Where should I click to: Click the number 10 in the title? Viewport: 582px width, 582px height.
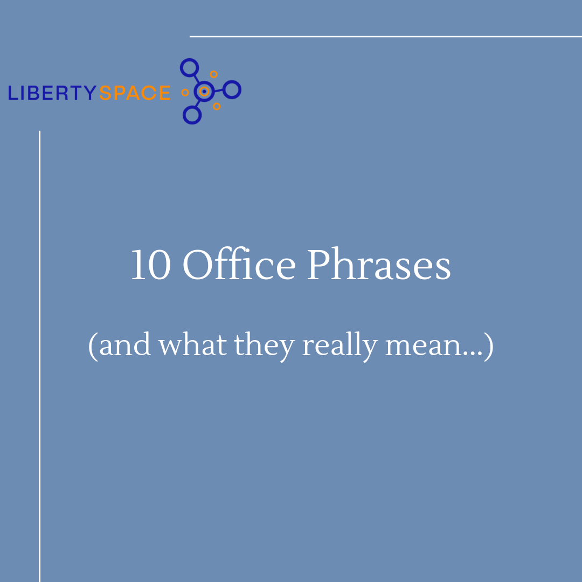pyautogui.click(x=151, y=265)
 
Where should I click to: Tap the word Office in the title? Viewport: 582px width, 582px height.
pyautogui.click(x=239, y=263)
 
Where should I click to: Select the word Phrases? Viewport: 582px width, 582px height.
pyautogui.click(x=379, y=264)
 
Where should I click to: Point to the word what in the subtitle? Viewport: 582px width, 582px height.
pyautogui.click(x=192, y=344)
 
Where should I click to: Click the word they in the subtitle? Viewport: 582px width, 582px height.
pyautogui.click(x=264, y=347)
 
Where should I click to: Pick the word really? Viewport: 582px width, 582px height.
pyautogui.click(x=340, y=347)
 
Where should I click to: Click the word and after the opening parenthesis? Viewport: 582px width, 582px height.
pyautogui.click(x=125, y=344)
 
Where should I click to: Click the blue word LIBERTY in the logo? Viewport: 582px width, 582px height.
pyautogui.click(x=52, y=93)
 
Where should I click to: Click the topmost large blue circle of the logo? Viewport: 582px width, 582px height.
pyautogui.click(x=189, y=67)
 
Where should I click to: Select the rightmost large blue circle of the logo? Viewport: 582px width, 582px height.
pyautogui.click(x=232, y=89)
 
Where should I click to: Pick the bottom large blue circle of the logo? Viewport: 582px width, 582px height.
pyautogui.click(x=192, y=115)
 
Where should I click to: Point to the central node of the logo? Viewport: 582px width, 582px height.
pyautogui.click(x=204, y=91)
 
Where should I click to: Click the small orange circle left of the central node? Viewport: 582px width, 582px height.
pyautogui.click(x=185, y=93)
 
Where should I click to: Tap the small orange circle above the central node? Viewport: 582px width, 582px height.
pyautogui.click(x=214, y=74)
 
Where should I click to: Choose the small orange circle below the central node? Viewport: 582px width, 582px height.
pyautogui.click(x=217, y=107)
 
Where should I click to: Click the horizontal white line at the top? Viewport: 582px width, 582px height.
pyautogui.click(x=386, y=37)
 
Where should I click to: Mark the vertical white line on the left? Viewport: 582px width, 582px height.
pyautogui.click(x=40, y=356)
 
